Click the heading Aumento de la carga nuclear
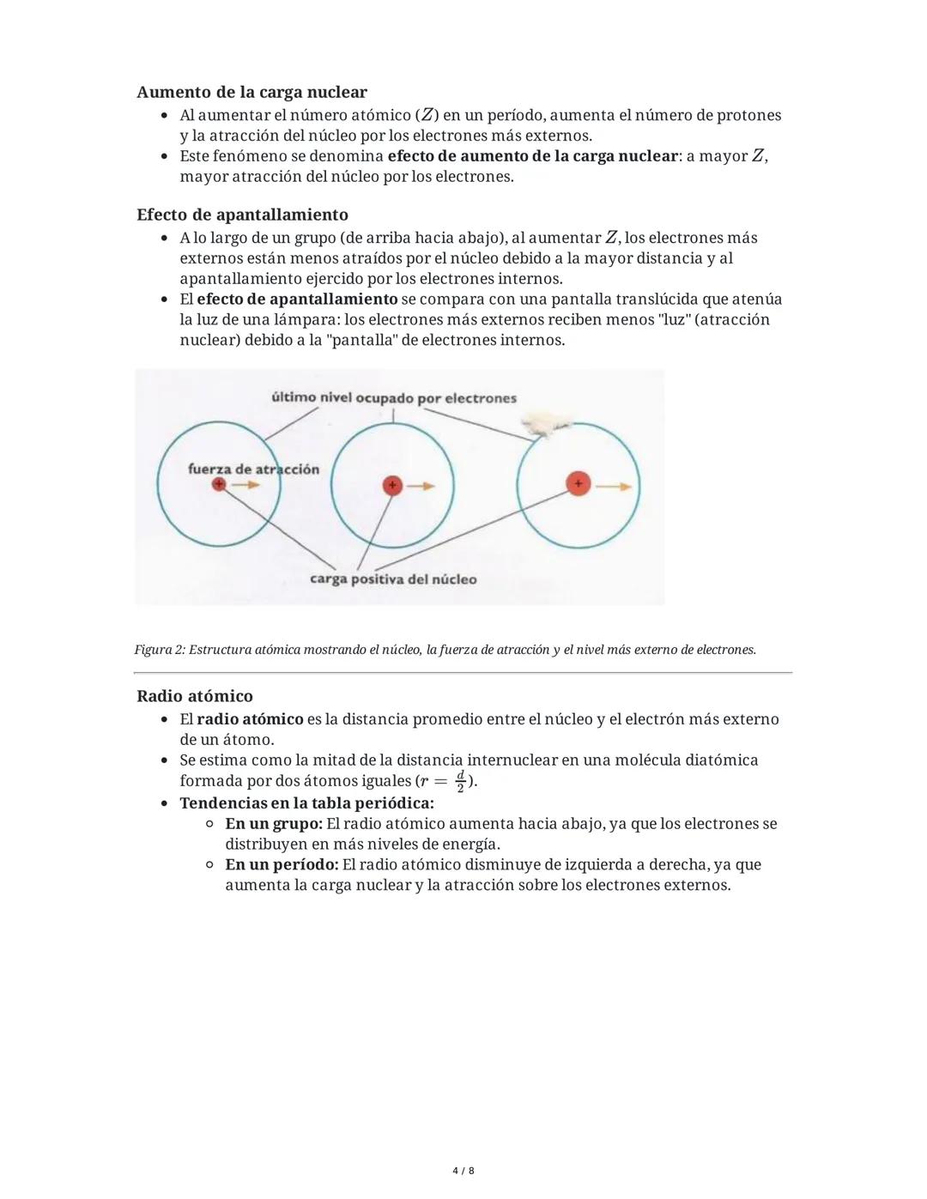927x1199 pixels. pos(251,92)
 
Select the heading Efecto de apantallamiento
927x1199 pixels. pos(242,215)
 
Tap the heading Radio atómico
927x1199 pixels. pos(195,696)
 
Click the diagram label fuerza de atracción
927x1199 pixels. pos(253,469)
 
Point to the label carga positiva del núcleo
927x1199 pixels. pos(393,579)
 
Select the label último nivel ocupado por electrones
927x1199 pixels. pos(394,398)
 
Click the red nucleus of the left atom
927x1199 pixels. pos(220,485)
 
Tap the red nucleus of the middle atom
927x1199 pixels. pos(392,486)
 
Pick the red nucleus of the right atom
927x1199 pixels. pos(579,484)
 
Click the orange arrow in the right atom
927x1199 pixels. pos(613,486)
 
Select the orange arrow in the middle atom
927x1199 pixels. pos(421,487)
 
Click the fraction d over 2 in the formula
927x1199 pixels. pos(461,781)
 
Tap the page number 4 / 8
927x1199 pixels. pos(463,1171)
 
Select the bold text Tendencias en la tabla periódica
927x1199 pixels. pos(306,803)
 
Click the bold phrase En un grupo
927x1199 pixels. pos(274,824)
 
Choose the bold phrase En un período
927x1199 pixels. pos(282,865)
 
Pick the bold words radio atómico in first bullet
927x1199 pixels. pos(250,719)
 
